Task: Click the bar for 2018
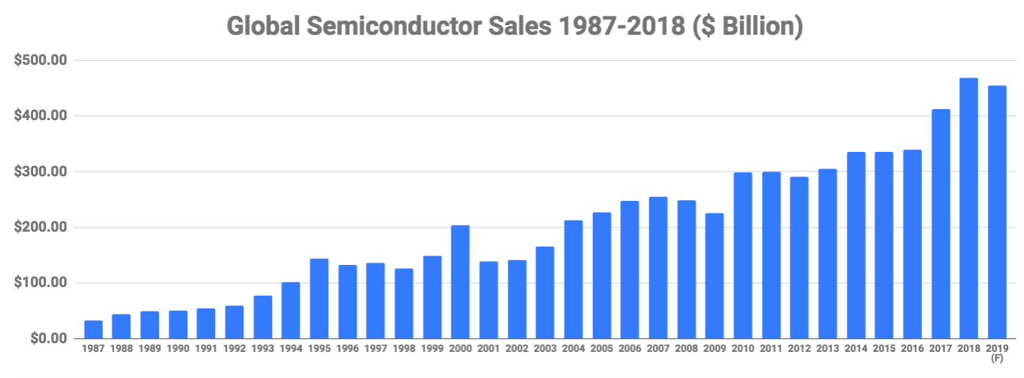pos(969,209)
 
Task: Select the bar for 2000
pos(460,282)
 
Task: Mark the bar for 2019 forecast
pos(997,213)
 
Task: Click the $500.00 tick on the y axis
pos(42,61)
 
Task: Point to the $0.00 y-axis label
pos(48,339)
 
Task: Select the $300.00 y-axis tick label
pos(42,172)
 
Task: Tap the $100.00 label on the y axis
pos(42,283)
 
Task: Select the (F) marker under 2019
pos(997,358)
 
